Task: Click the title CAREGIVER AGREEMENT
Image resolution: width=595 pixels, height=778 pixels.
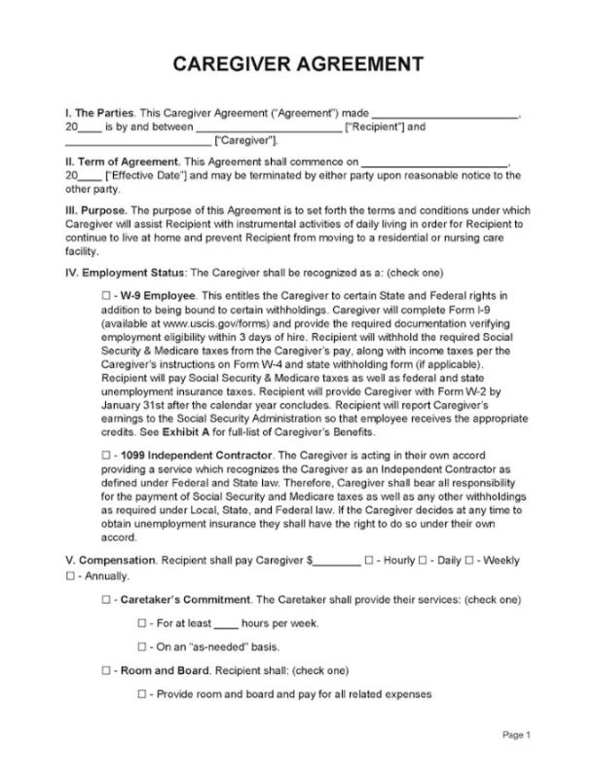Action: (x=297, y=65)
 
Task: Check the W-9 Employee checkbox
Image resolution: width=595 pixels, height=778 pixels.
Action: (x=105, y=293)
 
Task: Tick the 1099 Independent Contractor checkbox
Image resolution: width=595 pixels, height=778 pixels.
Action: (x=105, y=455)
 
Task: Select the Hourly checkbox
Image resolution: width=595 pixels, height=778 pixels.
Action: (x=369, y=560)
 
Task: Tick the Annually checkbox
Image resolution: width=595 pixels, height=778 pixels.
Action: (x=70, y=575)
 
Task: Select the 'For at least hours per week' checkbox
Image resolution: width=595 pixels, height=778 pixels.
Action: (x=142, y=622)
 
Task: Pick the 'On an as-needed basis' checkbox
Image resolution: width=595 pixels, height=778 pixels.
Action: (x=142, y=646)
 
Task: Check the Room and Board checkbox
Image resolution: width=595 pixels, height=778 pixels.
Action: (x=105, y=670)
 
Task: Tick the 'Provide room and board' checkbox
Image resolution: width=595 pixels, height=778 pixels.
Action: (x=142, y=693)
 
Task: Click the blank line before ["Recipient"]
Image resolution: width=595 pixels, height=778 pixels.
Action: (x=268, y=128)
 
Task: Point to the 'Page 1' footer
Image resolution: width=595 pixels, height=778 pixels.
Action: (x=516, y=734)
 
